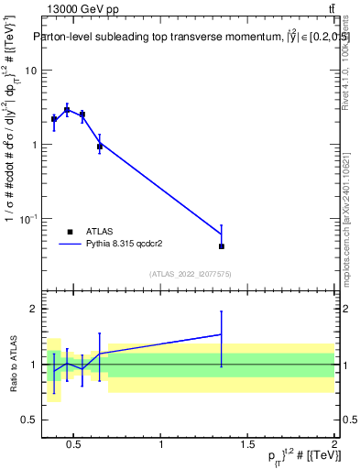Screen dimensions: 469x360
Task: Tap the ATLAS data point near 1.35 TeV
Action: [222, 246]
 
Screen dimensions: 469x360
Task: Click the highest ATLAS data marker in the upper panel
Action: [67, 110]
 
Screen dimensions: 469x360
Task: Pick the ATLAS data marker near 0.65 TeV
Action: [100, 147]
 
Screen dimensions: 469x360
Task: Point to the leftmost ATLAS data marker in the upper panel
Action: [54, 119]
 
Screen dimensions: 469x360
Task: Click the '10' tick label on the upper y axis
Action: [30, 71]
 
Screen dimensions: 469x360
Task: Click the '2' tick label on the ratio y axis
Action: [34, 310]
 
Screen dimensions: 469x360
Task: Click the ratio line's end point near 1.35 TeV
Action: [222, 334]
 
